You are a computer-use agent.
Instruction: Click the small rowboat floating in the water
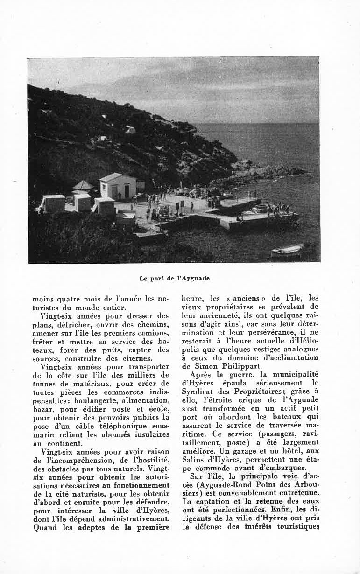pos(287,250)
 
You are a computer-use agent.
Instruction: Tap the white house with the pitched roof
pos(117,186)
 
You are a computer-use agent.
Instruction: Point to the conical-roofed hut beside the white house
pos(83,187)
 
